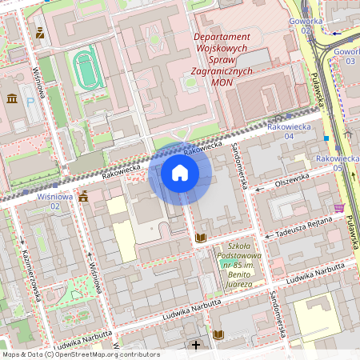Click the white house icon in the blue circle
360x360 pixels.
[x=180, y=173]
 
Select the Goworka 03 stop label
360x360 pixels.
[x=346, y=55]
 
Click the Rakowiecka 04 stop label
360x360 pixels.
[x=286, y=131]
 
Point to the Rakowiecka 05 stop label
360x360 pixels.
[x=336, y=163]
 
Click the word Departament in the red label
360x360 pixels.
[x=222, y=37]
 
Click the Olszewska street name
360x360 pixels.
[x=291, y=181]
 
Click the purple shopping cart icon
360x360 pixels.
[x=339, y=207]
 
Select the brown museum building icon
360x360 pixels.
[x=13, y=98]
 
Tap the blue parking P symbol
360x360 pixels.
[x=31, y=102]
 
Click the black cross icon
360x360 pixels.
[x=196, y=345]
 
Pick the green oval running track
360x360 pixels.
[x=85, y=69]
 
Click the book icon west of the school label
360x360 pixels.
[x=200, y=238]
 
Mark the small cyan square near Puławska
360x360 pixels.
[x=326, y=138]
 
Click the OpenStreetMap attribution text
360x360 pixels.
[x=80, y=354]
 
